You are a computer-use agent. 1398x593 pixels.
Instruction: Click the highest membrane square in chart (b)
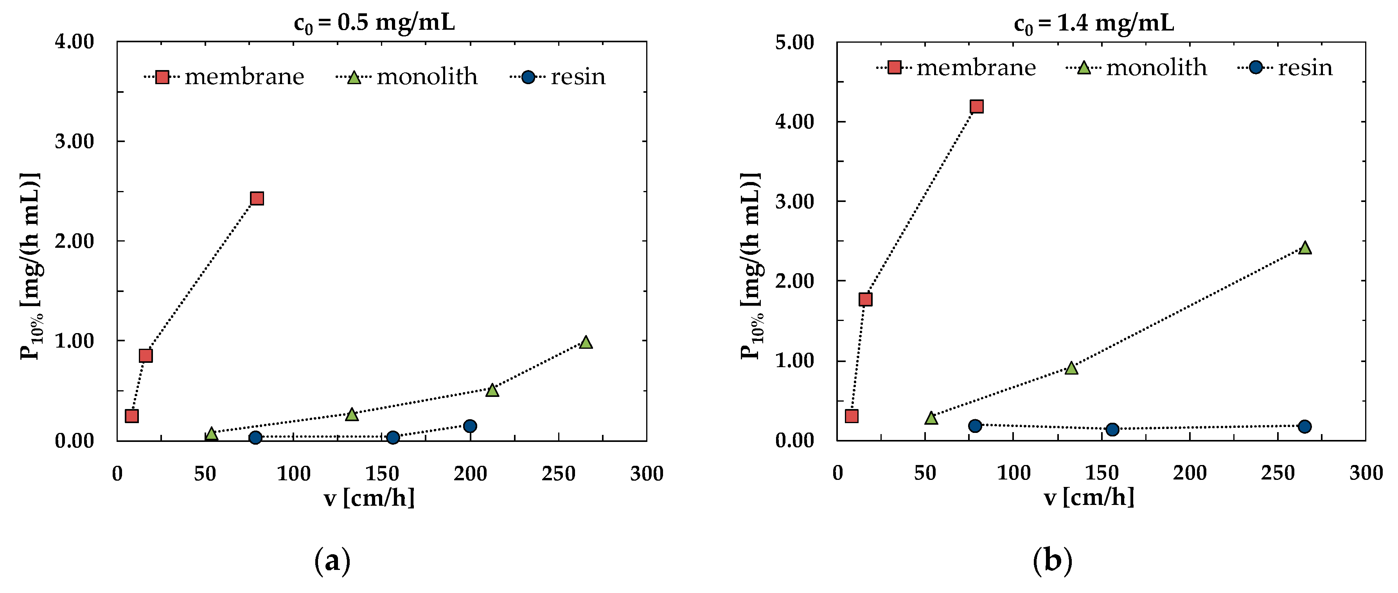point(976,106)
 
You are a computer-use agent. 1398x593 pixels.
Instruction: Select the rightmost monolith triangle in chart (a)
point(585,342)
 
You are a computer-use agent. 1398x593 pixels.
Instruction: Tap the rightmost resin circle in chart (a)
point(470,426)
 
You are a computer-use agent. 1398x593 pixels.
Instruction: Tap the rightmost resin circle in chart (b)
point(1305,426)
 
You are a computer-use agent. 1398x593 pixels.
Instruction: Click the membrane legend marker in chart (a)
point(162,77)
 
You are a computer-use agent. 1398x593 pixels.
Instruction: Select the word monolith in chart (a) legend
point(427,77)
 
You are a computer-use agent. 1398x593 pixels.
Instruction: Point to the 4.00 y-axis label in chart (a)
point(74,42)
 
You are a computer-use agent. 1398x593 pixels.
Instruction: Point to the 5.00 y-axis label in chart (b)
point(794,42)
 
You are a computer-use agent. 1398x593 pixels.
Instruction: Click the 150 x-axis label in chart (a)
point(381,474)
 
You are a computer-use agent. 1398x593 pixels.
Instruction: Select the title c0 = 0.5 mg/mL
point(374,23)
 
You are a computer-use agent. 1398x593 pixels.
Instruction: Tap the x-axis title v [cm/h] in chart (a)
point(369,497)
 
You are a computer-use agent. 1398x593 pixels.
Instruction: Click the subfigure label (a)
point(332,561)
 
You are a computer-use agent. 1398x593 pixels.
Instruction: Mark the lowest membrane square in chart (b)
point(852,416)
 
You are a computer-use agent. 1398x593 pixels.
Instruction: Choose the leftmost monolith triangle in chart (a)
point(211,433)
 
